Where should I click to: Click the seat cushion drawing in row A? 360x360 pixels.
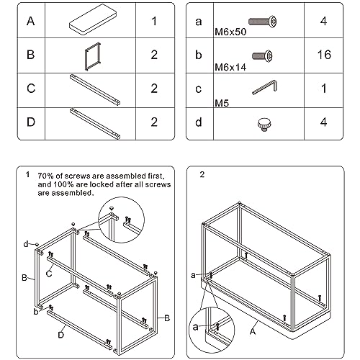pyautogui.click(x=93, y=19)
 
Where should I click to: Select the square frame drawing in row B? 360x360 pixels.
pyautogui.click(x=93, y=56)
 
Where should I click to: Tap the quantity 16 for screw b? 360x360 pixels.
pyautogui.click(x=324, y=55)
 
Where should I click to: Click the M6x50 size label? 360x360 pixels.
pyautogui.click(x=230, y=32)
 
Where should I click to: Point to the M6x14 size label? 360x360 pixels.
pyautogui.click(x=230, y=68)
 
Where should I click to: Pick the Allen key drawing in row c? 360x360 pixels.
pyautogui.click(x=264, y=87)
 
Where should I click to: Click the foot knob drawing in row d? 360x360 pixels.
pyautogui.click(x=264, y=125)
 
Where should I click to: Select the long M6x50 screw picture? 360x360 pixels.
pyautogui.click(x=262, y=22)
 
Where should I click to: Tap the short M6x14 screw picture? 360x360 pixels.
pyautogui.click(x=262, y=56)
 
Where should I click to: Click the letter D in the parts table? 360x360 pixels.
pyautogui.click(x=31, y=122)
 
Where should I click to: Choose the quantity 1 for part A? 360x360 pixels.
pyautogui.click(x=154, y=21)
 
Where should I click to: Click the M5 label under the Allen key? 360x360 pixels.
pyautogui.click(x=222, y=104)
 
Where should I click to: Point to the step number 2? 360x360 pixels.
pyautogui.click(x=202, y=174)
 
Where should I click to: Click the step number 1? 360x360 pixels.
pyautogui.click(x=28, y=174)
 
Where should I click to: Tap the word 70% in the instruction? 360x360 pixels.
pyautogui.click(x=45, y=176)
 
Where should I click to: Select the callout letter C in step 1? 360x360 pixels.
pyautogui.click(x=49, y=274)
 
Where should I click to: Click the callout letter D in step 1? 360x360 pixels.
pyautogui.click(x=61, y=335)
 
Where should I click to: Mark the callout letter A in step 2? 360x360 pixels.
pyautogui.click(x=253, y=331)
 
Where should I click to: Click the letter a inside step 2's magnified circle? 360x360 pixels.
pyautogui.click(x=196, y=327)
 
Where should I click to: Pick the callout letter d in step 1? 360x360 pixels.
pyautogui.click(x=26, y=244)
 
